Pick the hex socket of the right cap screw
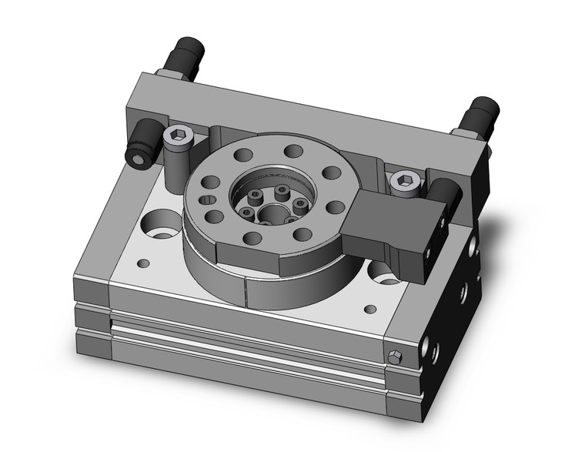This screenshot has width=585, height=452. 401,181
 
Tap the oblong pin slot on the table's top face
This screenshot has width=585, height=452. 206,201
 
